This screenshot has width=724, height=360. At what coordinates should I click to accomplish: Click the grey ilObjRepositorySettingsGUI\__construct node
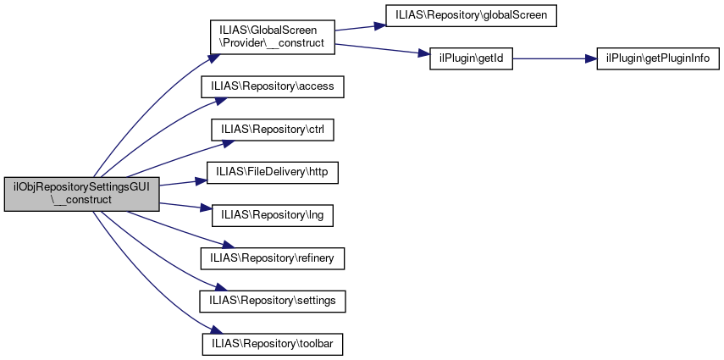[x=82, y=194]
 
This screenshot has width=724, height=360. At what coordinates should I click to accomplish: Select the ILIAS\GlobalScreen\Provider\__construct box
[x=272, y=37]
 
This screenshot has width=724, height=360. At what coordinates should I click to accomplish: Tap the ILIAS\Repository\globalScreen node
[x=471, y=15]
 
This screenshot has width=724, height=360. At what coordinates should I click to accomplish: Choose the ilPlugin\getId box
[x=471, y=59]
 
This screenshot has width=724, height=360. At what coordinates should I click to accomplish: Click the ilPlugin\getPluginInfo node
[x=658, y=59]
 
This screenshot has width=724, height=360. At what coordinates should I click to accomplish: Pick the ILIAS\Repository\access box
[x=273, y=86]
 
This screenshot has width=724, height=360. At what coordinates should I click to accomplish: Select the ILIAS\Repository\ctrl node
[x=273, y=130]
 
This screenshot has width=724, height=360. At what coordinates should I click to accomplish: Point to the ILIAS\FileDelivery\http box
[x=273, y=172]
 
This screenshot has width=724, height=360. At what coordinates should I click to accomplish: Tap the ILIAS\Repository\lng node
[x=273, y=215]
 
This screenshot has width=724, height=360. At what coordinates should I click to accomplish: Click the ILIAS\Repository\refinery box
[x=273, y=258]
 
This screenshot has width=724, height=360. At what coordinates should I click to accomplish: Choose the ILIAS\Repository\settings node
[x=273, y=301]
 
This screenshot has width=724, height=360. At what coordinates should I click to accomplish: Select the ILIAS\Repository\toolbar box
[x=273, y=344]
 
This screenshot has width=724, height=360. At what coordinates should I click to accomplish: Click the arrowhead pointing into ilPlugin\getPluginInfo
[x=591, y=59]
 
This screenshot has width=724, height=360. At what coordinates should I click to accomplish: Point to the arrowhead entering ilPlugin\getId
[x=424, y=54]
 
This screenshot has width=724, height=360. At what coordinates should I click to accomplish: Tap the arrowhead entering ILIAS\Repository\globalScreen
[x=379, y=25]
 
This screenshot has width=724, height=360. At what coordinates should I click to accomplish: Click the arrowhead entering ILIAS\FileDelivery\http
[x=200, y=180]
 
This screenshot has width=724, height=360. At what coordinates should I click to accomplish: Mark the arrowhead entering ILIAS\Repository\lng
[x=206, y=208]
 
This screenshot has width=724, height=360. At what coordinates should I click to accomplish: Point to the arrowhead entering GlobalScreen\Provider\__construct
[x=213, y=58]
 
